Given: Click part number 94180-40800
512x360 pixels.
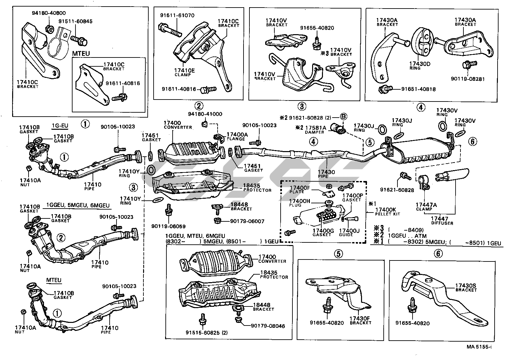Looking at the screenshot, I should click(x=49, y=13).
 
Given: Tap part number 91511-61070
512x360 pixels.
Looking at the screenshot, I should click(x=177, y=15).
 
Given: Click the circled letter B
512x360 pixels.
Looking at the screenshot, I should click(x=343, y=117).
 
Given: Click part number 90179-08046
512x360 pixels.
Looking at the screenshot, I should click(x=268, y=326).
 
